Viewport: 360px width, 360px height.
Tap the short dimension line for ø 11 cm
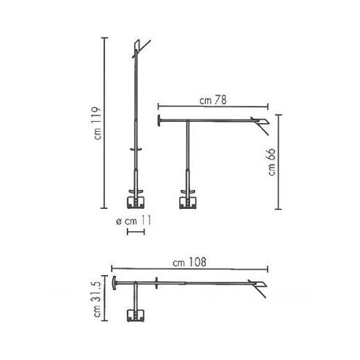tap(135, 233)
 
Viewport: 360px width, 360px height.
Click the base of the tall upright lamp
tap(135, 201)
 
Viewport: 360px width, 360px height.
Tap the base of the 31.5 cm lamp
tap(135, 314)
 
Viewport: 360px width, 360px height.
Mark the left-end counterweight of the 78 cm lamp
tap(160, 120)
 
